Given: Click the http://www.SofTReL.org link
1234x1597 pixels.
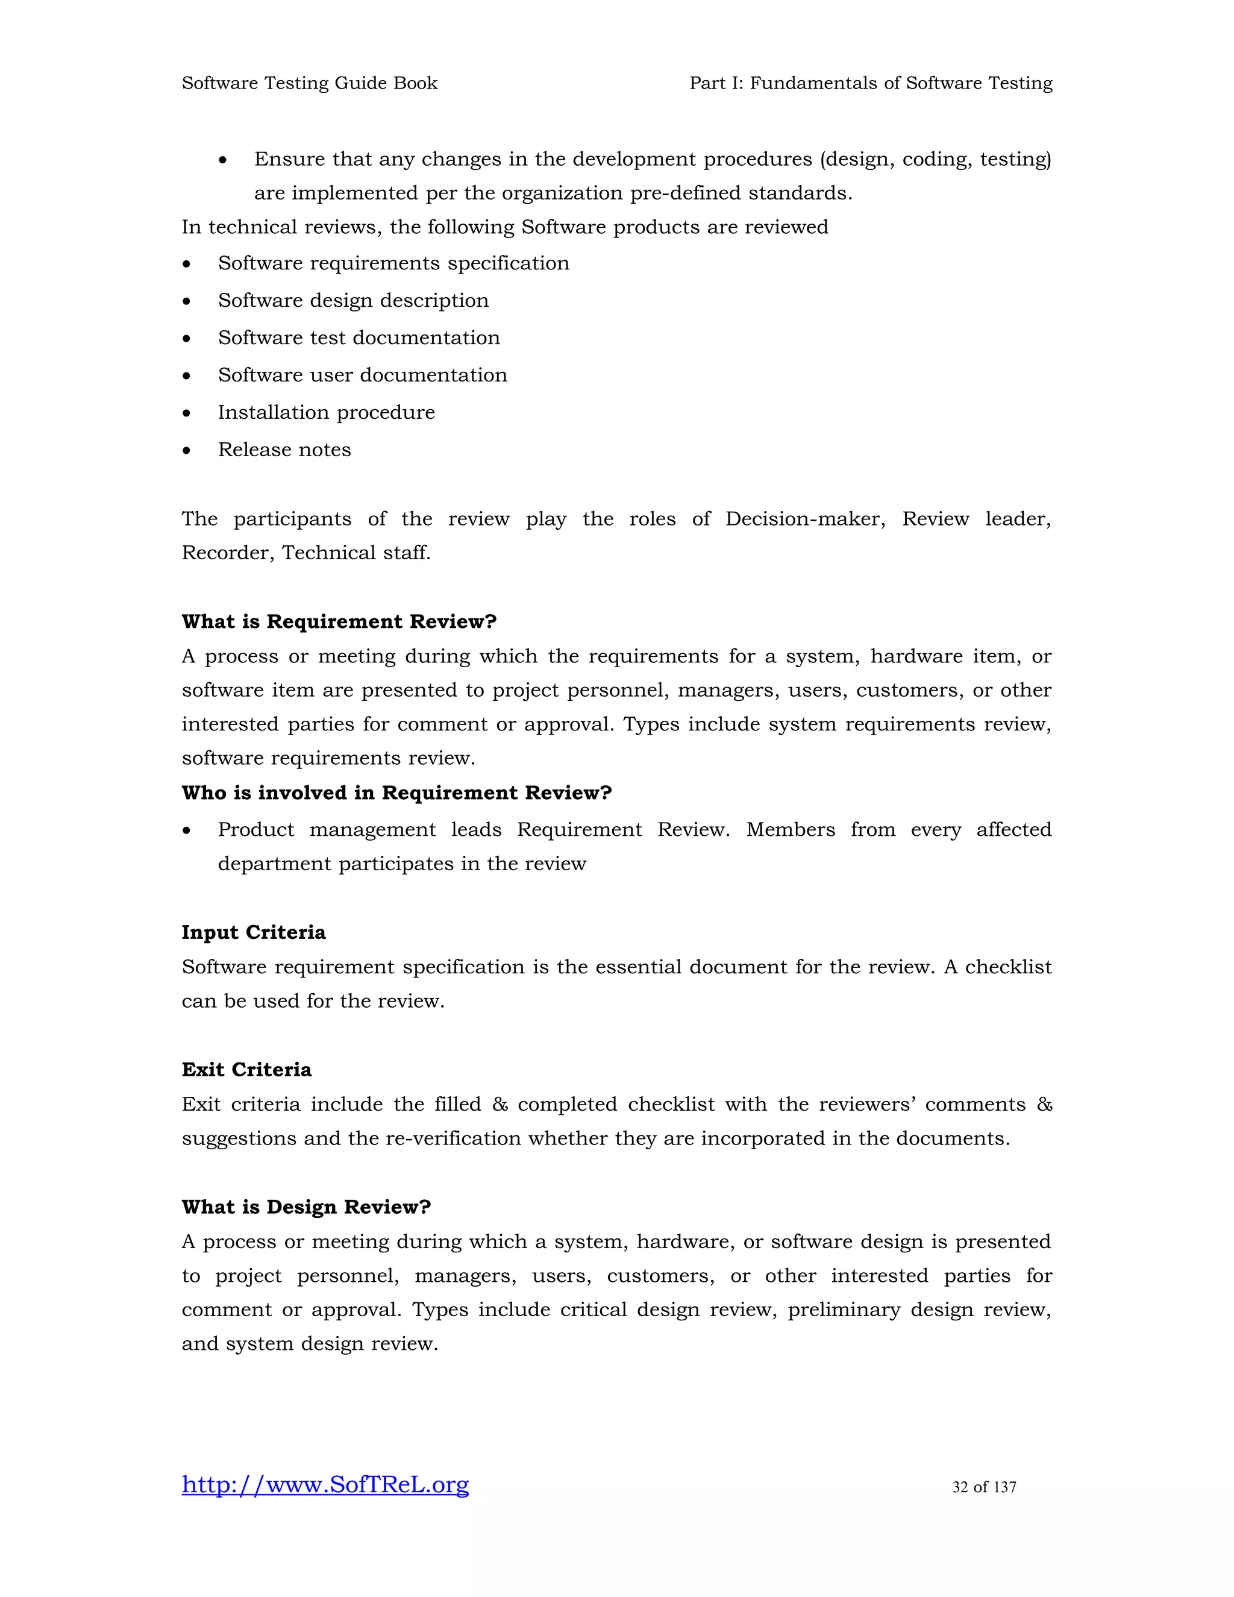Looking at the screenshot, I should (325, 1485).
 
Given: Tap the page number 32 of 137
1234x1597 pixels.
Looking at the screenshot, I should (983, 1487).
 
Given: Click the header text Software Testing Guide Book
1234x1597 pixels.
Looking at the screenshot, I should (309, 83).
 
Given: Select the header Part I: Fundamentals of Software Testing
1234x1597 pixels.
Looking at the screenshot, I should (871, 83).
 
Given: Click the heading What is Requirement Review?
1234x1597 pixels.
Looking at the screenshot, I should (339, 621).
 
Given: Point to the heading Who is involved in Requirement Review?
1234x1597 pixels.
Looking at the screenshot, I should (396, 792).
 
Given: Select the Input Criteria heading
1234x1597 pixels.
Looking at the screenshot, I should (254, 932).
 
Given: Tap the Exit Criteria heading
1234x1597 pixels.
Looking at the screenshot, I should (246, 1070).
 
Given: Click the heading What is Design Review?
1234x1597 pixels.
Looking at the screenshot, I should (306, 1207).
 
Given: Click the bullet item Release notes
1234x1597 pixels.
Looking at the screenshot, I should (284, 450).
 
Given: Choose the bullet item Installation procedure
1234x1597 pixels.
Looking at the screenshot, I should (326, 412).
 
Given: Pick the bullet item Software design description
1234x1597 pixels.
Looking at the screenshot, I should (353, 301).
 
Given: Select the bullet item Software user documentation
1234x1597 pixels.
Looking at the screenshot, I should (362, 375).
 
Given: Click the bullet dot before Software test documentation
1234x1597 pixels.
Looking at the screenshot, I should (187, 339).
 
